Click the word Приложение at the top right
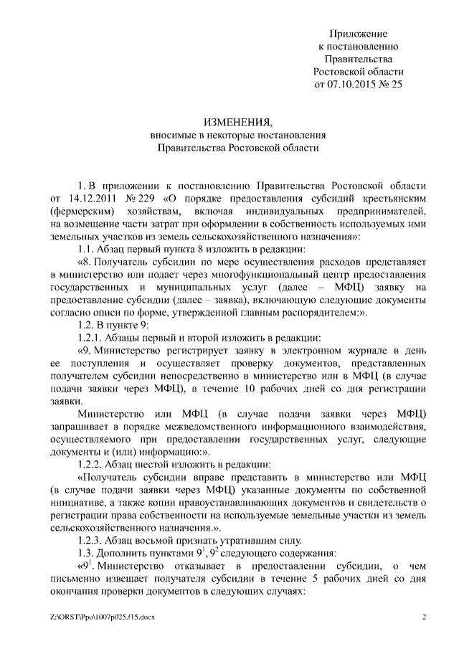point(359,34)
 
